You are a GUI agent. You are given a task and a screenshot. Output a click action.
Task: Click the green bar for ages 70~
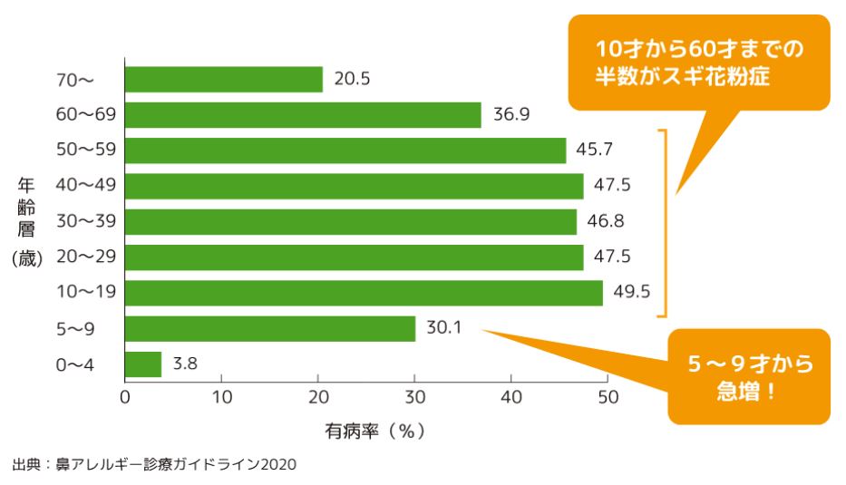(x=223, y=80)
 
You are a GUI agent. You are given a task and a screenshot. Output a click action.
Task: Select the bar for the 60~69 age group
(x=303, y=115)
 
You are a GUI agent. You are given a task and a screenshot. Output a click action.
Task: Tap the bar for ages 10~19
(x=364, y=293)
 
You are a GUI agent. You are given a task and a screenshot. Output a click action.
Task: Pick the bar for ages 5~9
(x=269, y=328)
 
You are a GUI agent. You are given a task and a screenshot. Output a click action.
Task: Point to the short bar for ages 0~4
(x=142, y=364)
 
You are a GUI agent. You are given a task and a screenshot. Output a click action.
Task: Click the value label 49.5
(x=632, y=293)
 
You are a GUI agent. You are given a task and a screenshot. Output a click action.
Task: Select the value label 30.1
(x=444, y=328)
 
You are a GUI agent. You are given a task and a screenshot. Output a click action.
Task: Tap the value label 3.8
(x=184, y=364)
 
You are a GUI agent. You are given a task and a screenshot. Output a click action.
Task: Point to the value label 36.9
(x=511, y=115)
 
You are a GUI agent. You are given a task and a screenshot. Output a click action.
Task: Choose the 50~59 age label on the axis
(x=84, y=150)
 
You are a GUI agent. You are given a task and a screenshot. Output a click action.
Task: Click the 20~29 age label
(x=84, y=257)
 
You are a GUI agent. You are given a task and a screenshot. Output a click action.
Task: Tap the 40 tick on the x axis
(x=511, y=396)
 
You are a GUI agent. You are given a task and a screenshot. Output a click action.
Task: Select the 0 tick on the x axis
(x=125, y=396)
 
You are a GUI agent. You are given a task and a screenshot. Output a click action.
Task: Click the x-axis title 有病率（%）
(x=374, y=431)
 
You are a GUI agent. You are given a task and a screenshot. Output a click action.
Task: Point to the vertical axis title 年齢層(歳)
(x=27, y=222)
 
